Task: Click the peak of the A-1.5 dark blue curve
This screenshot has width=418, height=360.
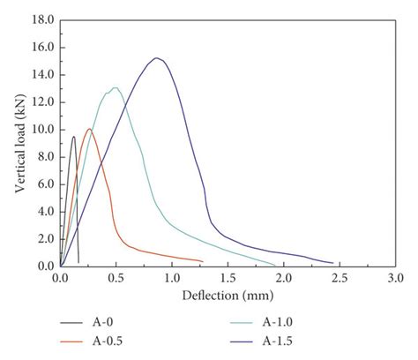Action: pos(156,58)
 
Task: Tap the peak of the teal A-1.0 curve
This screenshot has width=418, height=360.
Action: pos(115,87)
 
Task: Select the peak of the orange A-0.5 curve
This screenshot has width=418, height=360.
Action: pos(88,129)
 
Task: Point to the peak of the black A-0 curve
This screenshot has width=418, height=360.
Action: pos(73,137)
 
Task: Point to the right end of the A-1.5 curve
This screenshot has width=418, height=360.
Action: pos(332,262)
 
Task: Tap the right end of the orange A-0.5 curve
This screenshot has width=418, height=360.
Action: pos(203,261)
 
